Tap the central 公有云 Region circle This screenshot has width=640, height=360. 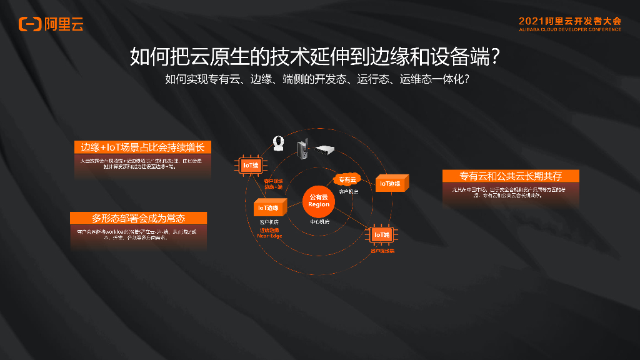[x=319, y=201]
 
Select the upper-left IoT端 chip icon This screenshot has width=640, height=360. [x=251, y=166]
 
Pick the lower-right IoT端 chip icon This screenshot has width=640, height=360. [x=381, y=235]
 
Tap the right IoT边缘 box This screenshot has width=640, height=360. [x=392, y=184]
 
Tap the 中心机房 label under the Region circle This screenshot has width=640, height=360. [x=319, y=222]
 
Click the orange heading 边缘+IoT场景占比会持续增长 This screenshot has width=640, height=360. [x=143, y=147]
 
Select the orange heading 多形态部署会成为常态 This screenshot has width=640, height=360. [x=139, y=218]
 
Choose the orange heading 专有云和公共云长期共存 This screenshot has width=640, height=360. [x=511, y=176]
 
